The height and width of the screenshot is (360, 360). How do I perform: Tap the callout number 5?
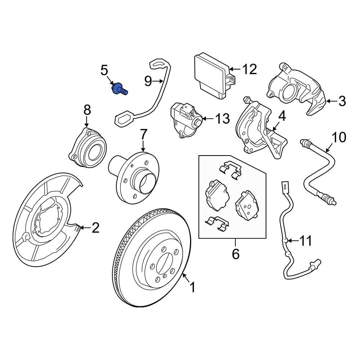[104, 70]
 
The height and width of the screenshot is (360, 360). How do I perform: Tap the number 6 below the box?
[235, 254]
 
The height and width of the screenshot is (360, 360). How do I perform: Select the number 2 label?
[95, 228]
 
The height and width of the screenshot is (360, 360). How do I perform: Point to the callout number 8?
[87, 110]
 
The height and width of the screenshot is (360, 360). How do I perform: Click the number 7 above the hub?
[143, 135]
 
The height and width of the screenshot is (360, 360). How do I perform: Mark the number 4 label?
[282, 116]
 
